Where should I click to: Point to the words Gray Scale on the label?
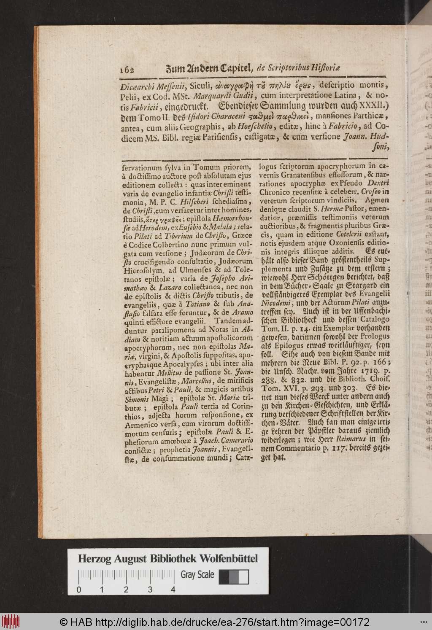coord(197,575)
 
